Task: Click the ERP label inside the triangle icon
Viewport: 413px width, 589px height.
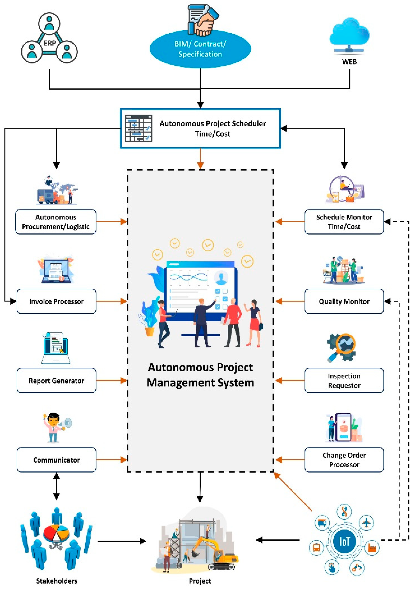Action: (49, 43)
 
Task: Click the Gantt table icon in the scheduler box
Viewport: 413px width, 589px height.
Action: (138, 128)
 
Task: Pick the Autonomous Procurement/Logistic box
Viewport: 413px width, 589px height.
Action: (56, 222)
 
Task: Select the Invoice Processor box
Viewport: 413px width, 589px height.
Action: (56, 301)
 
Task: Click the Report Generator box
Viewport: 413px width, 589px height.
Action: (56, 380)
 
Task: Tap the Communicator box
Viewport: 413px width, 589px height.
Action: (56, 460)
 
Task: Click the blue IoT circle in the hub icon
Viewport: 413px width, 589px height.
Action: (344, 541)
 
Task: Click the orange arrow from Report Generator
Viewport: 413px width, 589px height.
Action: (111, 380)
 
